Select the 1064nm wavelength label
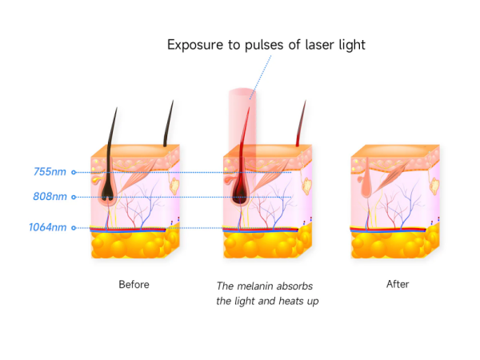click(46, 227)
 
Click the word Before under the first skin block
click(134, 284)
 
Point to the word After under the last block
click(398, 284)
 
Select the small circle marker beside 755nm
click(74, 171)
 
